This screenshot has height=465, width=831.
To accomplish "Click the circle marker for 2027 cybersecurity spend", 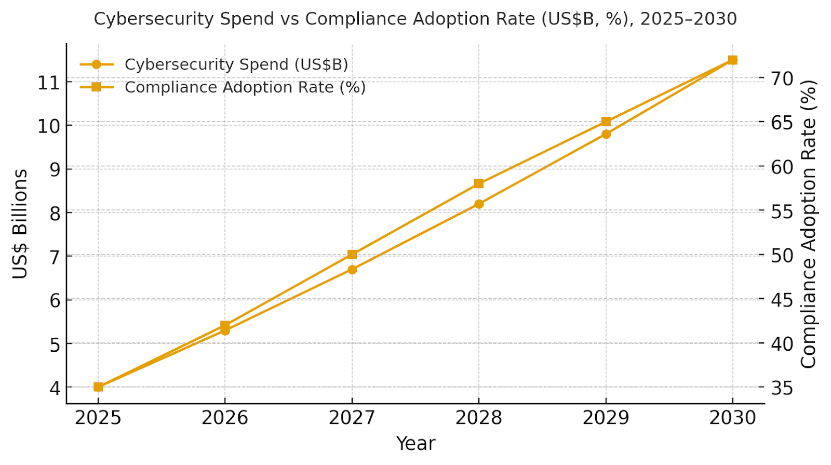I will (x=352, y=270).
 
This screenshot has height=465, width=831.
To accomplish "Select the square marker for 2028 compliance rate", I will (x=479, y=183).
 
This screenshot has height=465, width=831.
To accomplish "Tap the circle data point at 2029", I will (x=606, y=134).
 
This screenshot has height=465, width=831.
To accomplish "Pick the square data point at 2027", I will (x=352, y=254).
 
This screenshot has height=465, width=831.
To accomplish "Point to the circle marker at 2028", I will (x=479, y=204).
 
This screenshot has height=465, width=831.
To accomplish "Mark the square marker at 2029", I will (x=606, y=122).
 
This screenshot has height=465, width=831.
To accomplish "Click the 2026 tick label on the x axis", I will (x=225, y=418).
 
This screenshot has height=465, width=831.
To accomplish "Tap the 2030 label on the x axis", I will (x=732, y=418).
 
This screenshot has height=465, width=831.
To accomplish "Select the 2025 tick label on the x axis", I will (x=98, y=418).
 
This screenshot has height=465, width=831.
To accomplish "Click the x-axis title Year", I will (x=415, y=444).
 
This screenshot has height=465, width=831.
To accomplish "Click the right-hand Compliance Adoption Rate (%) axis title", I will (x=809, y=223).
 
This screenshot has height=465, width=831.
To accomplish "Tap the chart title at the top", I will (x=415, y=19).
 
